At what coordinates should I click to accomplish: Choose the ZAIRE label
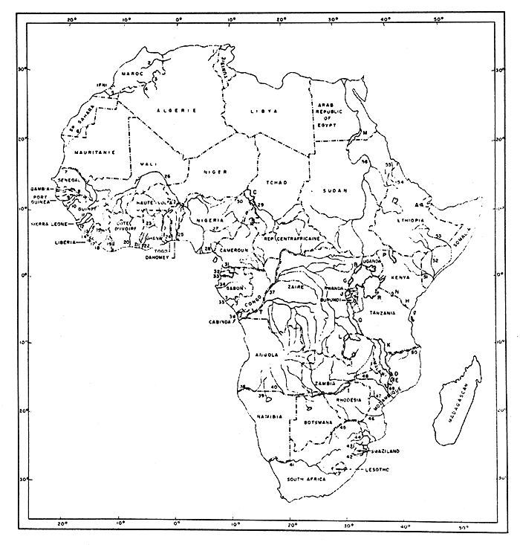(296, 286)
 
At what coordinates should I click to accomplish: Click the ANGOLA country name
(266, 355)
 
